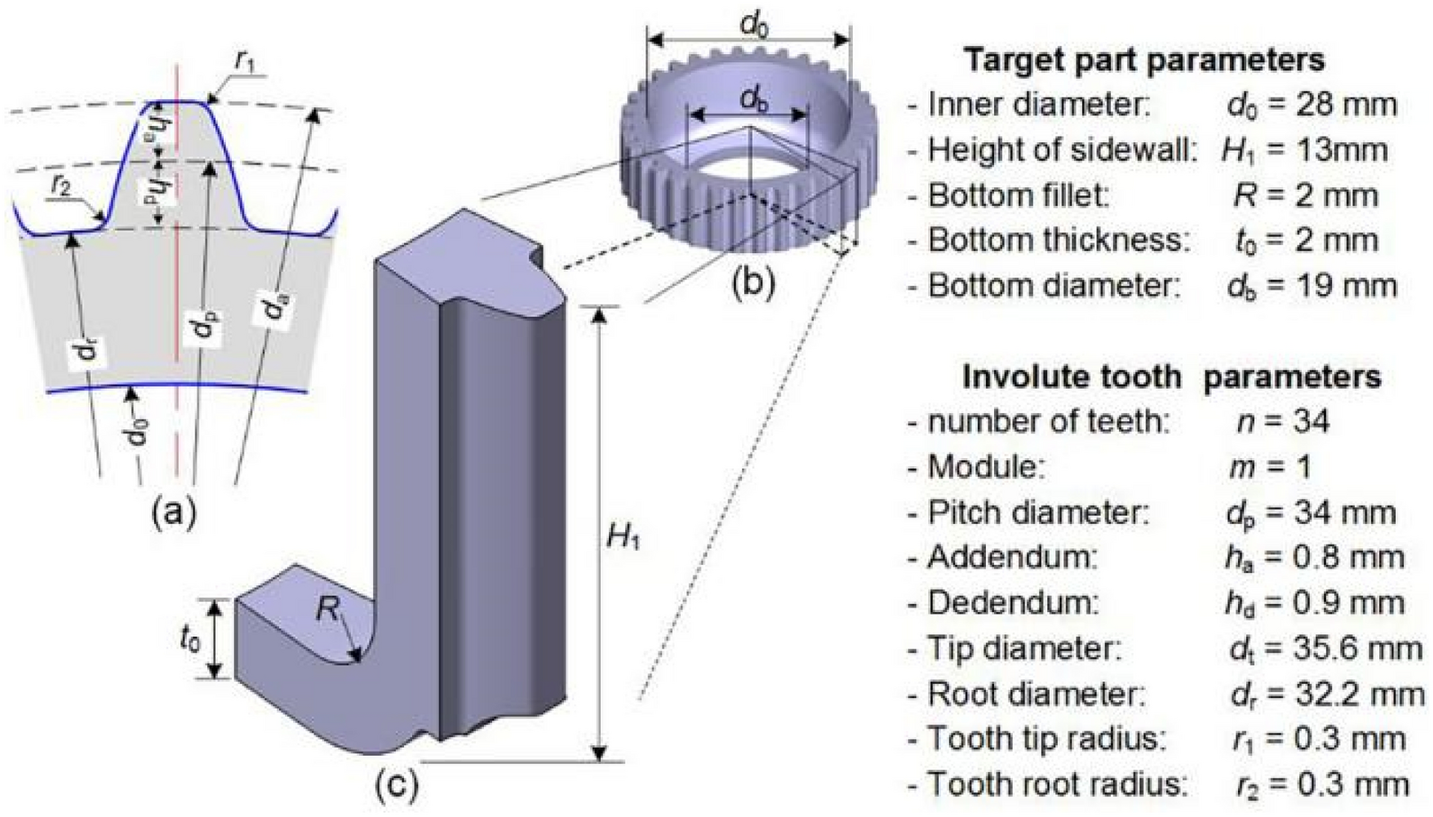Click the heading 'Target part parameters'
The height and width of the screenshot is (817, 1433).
[1143, 60]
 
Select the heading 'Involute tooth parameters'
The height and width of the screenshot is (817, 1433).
[1171, 376]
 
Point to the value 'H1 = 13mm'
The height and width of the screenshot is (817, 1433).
[1304, 150]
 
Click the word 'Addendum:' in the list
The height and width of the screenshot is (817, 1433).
[1013, 558]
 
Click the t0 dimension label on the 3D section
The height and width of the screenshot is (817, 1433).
[190, 640]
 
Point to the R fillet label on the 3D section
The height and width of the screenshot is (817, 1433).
[327, 612]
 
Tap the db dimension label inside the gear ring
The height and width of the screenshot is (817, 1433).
[754, 99]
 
